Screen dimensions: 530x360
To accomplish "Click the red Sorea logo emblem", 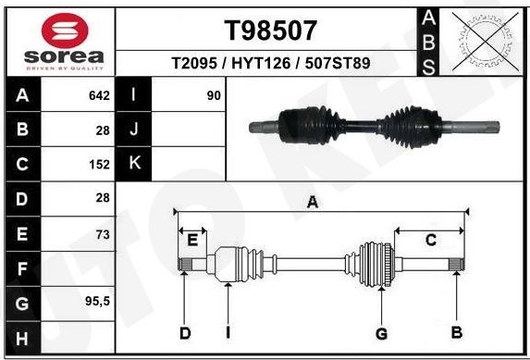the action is tap(65, 31).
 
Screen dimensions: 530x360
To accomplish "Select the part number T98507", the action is tap(271, 31).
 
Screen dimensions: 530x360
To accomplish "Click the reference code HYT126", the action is tap(261, 63).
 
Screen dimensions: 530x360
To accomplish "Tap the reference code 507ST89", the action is tap(338, 63).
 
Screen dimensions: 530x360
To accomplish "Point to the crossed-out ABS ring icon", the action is tap(486, 42).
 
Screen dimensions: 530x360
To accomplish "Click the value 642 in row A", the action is tap(99, 95).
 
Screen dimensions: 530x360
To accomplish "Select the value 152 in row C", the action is tap(99, 165).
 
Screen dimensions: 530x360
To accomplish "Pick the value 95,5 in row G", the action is tap(98, 301).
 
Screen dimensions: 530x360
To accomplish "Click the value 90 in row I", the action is tap(214, 95).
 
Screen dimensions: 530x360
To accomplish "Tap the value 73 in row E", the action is tap(103, 234).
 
